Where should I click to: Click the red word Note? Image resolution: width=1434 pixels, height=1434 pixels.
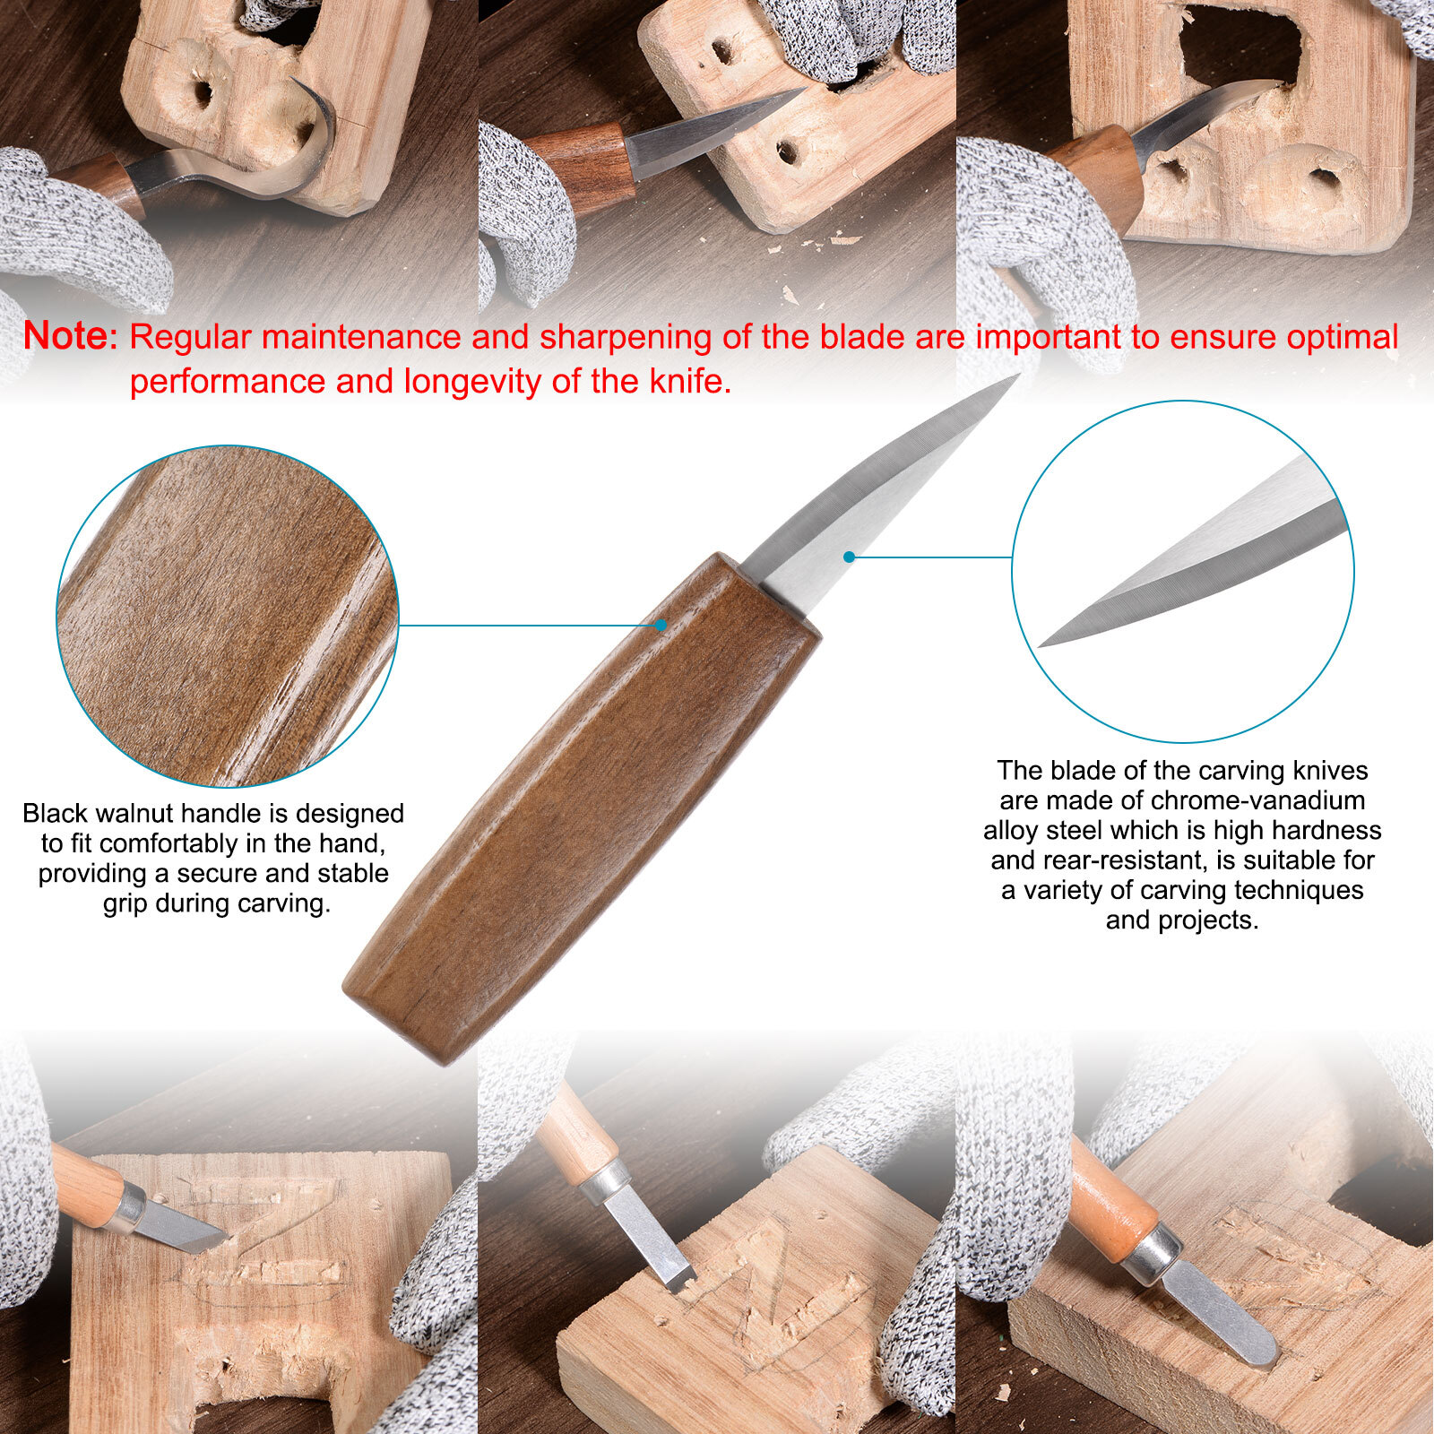(x=70, y=336)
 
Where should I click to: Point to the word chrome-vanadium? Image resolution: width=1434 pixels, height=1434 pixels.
(x=1257, y=800)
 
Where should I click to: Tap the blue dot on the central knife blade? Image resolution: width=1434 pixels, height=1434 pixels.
(x=849, y=557)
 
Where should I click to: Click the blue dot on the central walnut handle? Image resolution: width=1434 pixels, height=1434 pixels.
(x=661, y=625)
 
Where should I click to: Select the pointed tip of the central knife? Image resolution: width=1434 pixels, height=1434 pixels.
(x=1017, y=376)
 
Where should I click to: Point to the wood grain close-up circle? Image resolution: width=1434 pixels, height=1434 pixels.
(x=228, y=617)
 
